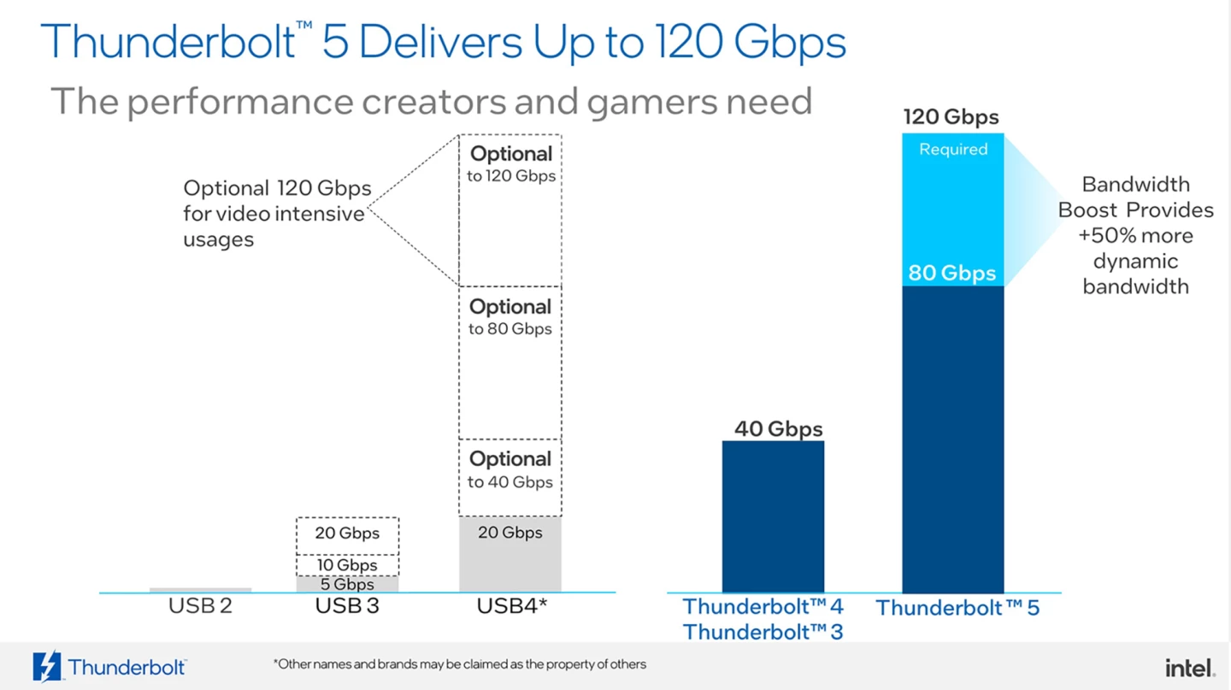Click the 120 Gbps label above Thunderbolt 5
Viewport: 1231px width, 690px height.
pyautogui.click(x=951, y=117)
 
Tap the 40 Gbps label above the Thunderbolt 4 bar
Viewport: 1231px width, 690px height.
pyautogui.click(x=778, y=428)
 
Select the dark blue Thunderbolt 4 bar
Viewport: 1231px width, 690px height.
pyautogui.click(x=773, y=516)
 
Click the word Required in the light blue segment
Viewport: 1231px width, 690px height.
pyautogui.click(x=953, y=150)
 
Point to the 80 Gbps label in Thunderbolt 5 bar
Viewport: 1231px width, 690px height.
pyautogui.click(x=951, y=274)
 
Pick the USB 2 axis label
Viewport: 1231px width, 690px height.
pyautogui.click(x=200, y=606)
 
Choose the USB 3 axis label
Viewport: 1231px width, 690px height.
pyautogui.click(x=347, y=606)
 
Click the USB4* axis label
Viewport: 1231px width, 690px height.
pyautogui.click(x=511, y=606)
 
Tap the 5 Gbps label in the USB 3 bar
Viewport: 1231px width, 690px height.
pyautogui.click(x=347, y=585)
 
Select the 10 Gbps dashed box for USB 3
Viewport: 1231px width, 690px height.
pyautogui.click(x=347, y=565)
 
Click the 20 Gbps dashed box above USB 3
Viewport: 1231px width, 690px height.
pyautogui.click(x=347, y=534)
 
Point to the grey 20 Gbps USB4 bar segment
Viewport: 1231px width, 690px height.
pyautogui.click(x=510, y=556)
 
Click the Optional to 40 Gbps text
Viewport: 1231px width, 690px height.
pyautogui.click(x=510, y=469)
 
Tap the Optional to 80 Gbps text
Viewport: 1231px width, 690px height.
pyautogui.click(x=510, y=316)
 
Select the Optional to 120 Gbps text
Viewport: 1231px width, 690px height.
pyautogui.click(x=511, y=164)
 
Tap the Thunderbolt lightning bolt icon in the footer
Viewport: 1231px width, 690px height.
pyautogui.click(x=46, y=667)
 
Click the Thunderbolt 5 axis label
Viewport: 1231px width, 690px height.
pyautogui.click(x=957, y=609)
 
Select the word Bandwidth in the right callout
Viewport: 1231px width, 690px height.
pyautogui.click(x=1135, y=185)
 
